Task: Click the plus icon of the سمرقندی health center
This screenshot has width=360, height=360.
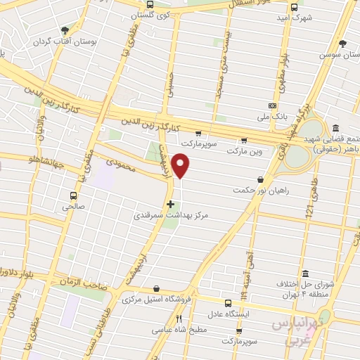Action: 169,204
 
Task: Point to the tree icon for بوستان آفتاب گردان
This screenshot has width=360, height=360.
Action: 65,30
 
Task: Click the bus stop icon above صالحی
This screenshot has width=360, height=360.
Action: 73,196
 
